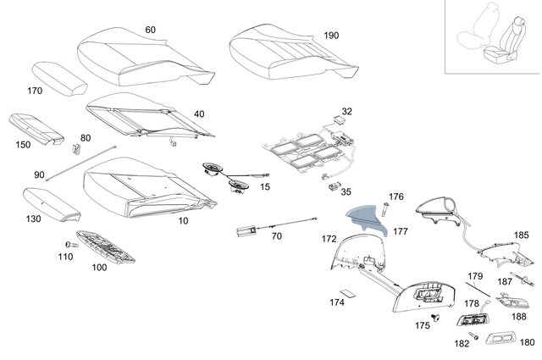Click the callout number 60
(x=150, y=30)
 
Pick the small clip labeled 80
(x=78, y=150)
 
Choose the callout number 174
(x=337, y=302)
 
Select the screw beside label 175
(x=434, y=316)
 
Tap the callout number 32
(x=347, y=112)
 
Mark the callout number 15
(x=265, y=186)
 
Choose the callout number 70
(x=276, y=236)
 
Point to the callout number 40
(x=199, y=114)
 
